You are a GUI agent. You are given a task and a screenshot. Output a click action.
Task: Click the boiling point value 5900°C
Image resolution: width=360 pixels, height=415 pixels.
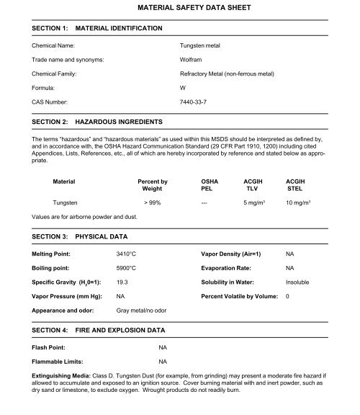[x=128, y=269]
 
